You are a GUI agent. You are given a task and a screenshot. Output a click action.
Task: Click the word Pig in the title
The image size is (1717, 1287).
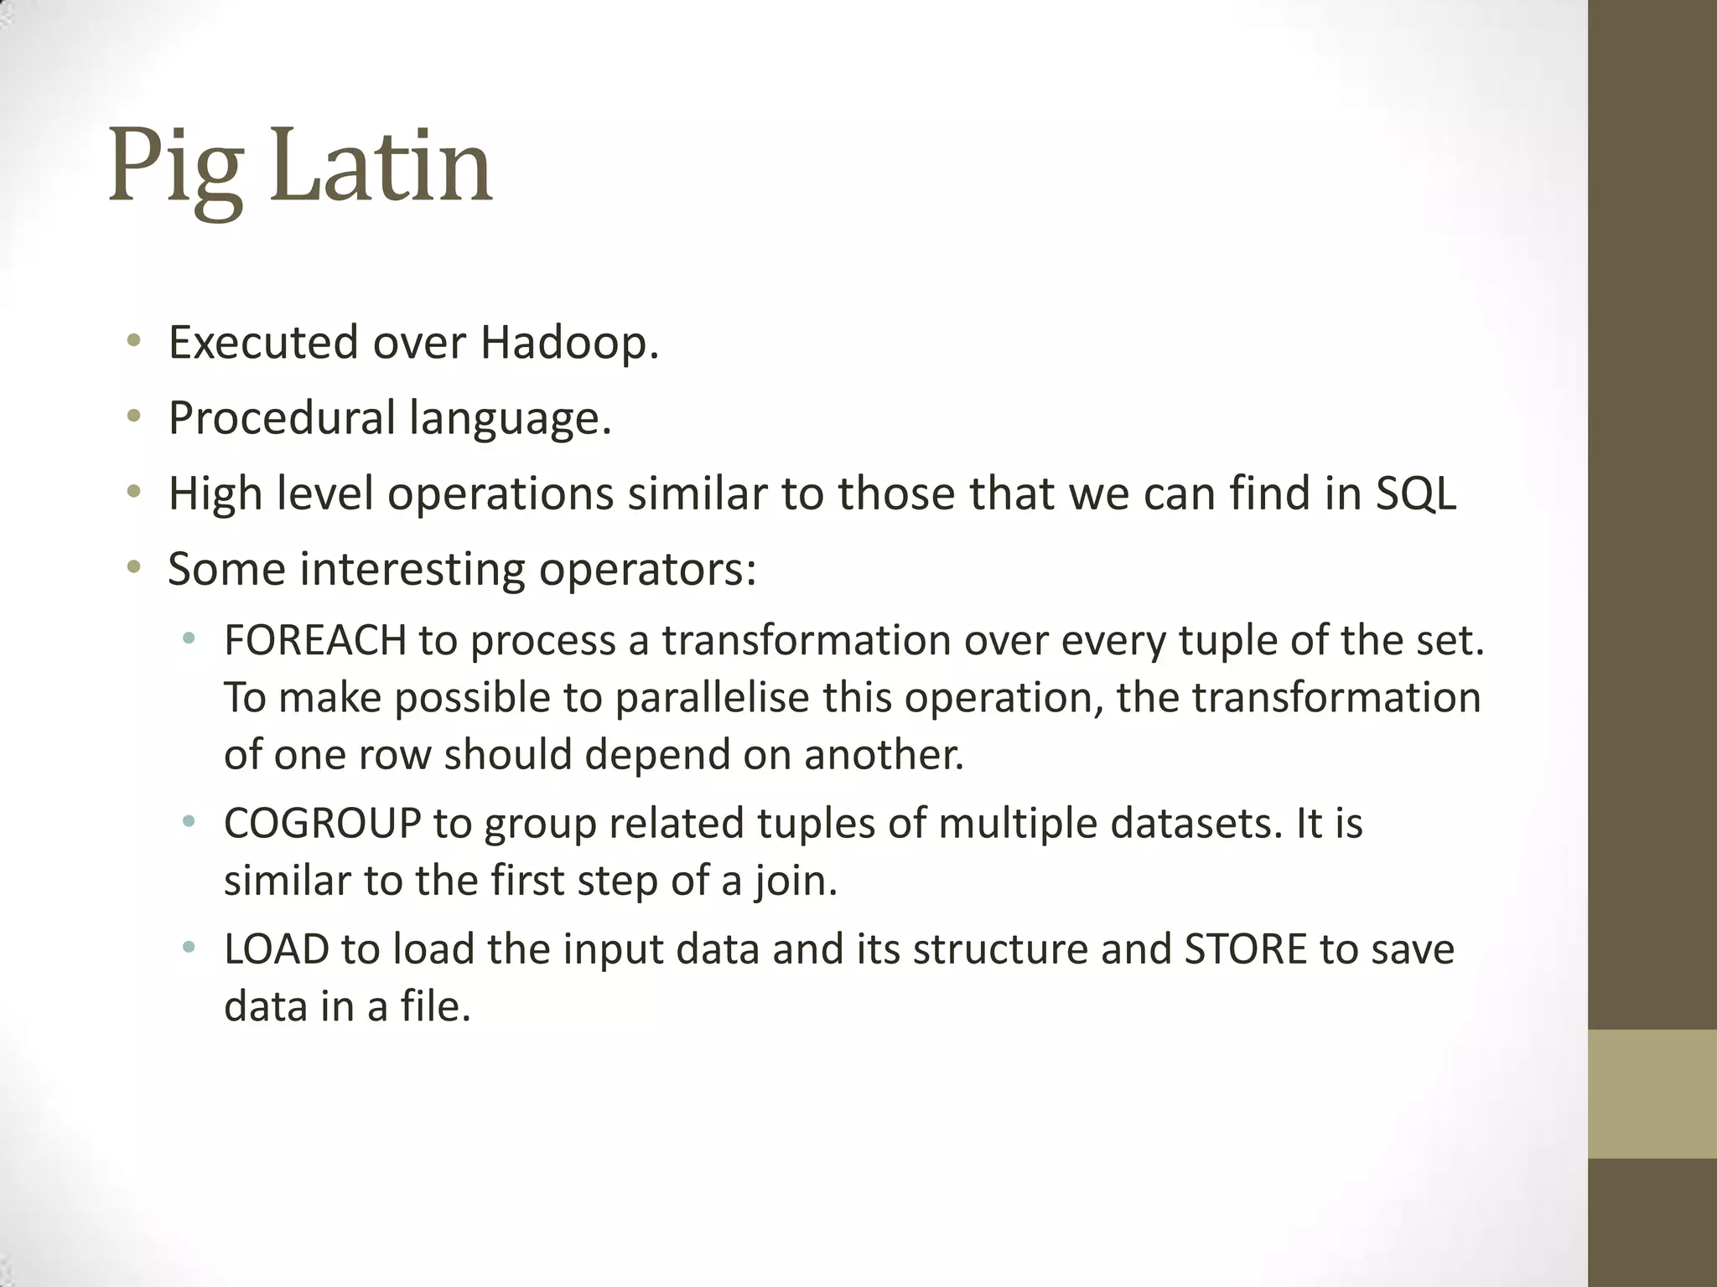[x=175, y=168]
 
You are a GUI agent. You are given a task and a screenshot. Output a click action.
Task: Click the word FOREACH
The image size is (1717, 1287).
[x=314, y=641]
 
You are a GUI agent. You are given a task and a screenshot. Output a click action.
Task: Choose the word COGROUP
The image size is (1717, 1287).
[x=322, y=824]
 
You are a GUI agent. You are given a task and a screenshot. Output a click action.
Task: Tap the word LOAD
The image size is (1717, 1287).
[x=276, y=949]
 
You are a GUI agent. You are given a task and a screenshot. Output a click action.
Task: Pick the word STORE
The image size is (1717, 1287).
[x=1245, y=949]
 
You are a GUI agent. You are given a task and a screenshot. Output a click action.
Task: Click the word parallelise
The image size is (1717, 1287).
[x=712, y=698]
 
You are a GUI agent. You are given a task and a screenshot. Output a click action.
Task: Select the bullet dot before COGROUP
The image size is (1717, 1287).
[x=189, y=822]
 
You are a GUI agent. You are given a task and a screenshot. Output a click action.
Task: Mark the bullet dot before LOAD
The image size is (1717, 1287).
[x=189, y=948]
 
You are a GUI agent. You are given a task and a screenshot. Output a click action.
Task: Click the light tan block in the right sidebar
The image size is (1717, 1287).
[x=1652, y=1093]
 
